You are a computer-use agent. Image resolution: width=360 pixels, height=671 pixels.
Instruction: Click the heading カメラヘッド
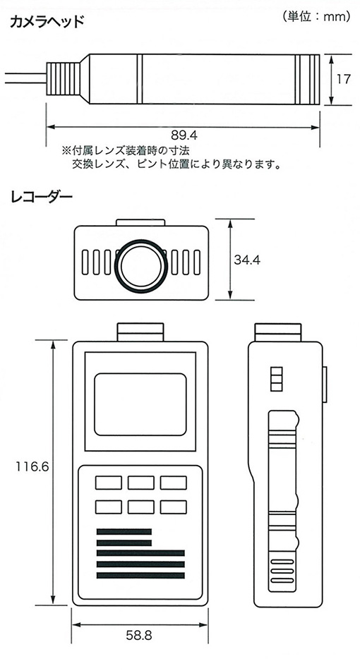(47, 21)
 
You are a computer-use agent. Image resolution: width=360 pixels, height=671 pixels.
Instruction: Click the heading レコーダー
(41, 198)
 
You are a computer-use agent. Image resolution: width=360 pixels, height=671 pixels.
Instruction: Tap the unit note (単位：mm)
(317, 17)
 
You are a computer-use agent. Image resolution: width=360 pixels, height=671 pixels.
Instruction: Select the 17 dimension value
(343, 79)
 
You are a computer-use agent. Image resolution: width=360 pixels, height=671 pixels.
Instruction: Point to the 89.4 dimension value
(184, 135)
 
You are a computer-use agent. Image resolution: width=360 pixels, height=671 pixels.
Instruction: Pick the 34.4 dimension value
(247, 260)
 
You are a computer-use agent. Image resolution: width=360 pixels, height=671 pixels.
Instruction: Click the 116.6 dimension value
(32, 466)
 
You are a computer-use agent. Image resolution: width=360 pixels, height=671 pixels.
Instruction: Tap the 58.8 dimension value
(139, 635)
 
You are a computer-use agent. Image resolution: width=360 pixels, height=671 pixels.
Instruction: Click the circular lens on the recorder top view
(141, 265)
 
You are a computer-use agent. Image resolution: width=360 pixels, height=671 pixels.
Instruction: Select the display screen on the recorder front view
(140, 404)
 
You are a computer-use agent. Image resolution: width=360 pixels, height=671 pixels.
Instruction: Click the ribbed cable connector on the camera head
(63, 79)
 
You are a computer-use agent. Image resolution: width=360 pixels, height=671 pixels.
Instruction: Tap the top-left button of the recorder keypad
(108, 483)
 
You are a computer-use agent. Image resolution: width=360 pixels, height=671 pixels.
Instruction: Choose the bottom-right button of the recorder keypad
(174, 507)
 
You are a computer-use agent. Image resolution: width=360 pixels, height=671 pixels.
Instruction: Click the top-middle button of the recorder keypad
(141, 483)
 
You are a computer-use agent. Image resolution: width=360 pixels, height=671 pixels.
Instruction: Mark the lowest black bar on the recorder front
(140, 575)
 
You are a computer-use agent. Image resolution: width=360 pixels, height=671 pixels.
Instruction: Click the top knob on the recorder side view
(278, 332)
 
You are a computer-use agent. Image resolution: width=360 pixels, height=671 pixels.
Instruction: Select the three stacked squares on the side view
(277, 379)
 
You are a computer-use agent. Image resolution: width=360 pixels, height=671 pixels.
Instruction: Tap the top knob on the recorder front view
(140, 332)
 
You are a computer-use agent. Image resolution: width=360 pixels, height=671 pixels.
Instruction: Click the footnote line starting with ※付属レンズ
(126, 150)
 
